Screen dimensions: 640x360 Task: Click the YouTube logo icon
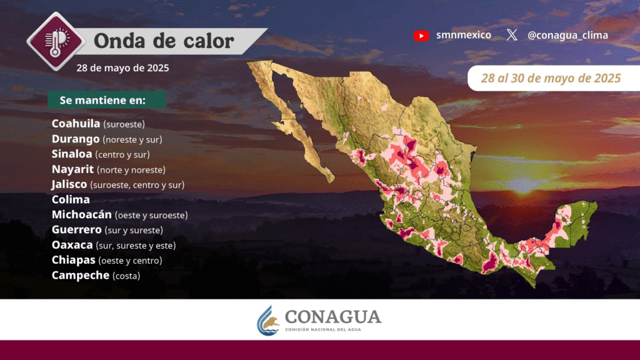click(421, 36)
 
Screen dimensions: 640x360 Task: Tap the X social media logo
click(512, 35)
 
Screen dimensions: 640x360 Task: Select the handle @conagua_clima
click(567, 36)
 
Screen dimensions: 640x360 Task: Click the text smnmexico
click(464, 35)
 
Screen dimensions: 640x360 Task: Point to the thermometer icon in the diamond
click(56, 41)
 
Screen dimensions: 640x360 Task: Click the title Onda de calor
click(164, 41)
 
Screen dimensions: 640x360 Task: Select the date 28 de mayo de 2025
click(122, 67)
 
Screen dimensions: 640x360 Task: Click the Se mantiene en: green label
click(106, 100)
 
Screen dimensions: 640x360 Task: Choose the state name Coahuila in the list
click(76, 123)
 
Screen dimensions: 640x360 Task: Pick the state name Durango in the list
click(76, 139)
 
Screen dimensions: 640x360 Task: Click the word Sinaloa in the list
click(72, 154)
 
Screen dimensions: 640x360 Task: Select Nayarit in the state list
click(72, 169)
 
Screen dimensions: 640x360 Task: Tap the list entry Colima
click(71, 199)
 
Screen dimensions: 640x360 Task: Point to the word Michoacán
click(82, 214)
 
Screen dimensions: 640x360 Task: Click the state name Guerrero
click(77, 230)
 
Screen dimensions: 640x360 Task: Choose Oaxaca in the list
click(72, 245)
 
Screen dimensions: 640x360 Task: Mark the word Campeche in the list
click(81, 276)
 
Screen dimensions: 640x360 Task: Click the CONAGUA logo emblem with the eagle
click(267, 321)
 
